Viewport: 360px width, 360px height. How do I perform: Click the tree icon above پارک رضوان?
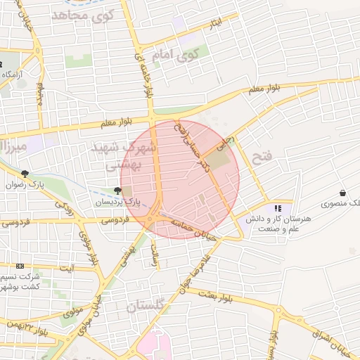(x=25, y=173)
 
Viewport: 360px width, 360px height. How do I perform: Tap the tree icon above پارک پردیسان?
(x=117, y=190)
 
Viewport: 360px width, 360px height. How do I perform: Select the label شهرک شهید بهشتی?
(x=127, y=156)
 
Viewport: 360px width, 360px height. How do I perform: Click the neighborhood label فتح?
(x=261, y=157)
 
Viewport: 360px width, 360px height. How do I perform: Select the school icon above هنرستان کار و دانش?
(x=278, y=208)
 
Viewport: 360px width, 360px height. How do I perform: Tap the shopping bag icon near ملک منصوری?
(x=342, y=193)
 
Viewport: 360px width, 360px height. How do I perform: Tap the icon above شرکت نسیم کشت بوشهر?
(x=20, y=266)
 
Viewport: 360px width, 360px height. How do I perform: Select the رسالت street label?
(x=155, y=257)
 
